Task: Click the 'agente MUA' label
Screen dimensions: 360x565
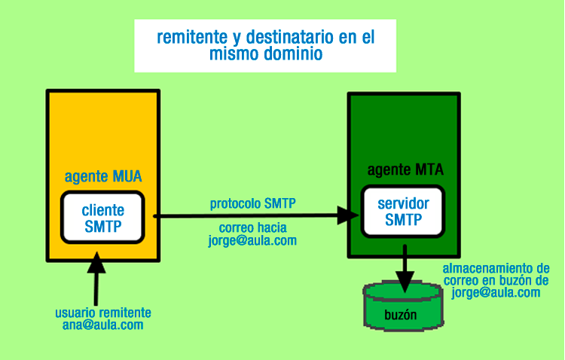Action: [x=103, y=177]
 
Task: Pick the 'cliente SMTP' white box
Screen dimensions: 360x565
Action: [x=102, y=217]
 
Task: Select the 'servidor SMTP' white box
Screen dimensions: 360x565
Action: [x=403, y=212]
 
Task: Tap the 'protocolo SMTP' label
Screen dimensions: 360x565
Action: [x=252, y=203]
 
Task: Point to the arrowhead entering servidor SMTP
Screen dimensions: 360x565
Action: [x=349, y=215]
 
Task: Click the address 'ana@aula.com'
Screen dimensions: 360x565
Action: [x=103, y=325]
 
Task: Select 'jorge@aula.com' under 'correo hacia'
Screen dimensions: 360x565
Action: [x=252, y=240]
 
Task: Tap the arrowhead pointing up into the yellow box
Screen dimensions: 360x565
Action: [x=96, y=261]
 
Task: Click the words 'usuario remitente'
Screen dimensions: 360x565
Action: [x=103, y=313]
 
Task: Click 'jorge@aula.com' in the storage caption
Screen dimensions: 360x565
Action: [x=496, y=293]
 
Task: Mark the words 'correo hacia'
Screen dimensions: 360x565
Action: [x=252, y=227]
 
